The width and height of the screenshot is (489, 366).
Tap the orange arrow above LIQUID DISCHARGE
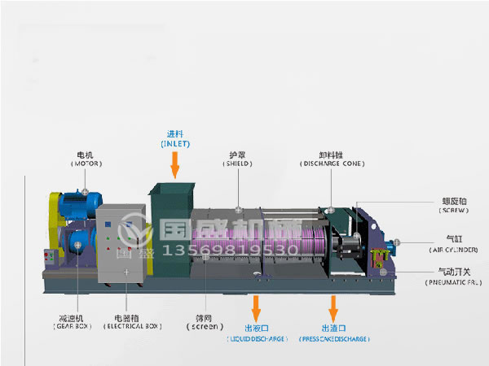[x=257, y=308]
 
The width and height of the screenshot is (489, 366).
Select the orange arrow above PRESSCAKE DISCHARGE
[x=333, y=308]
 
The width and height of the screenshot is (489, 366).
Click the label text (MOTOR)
[x=86, y=163]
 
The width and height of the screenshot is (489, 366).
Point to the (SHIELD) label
[x=238, y=163]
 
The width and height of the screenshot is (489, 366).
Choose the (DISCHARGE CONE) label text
[x=330, y=163]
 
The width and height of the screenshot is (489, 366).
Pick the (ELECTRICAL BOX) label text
[x=131, y=325]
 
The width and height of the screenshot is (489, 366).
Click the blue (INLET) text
[x=175, y=143]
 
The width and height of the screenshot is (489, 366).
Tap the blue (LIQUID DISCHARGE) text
[x=256, y=338]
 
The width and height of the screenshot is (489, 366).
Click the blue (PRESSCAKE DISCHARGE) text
[x=334, y=338]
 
